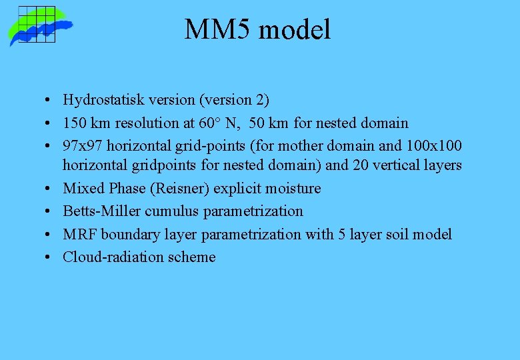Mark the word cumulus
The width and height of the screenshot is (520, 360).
point(165,211)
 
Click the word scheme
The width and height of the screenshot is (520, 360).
point(191,257)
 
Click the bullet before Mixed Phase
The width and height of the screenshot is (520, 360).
point(51,189)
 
